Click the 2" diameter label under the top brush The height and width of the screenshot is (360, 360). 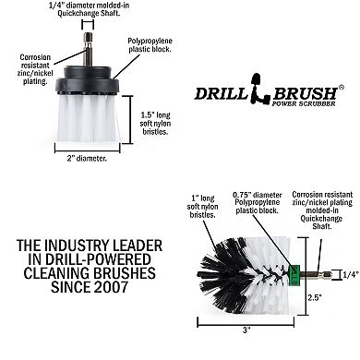click(84, 159)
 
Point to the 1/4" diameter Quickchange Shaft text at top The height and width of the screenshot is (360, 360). click(86, 13)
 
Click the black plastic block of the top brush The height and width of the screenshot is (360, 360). click(85, 81)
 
